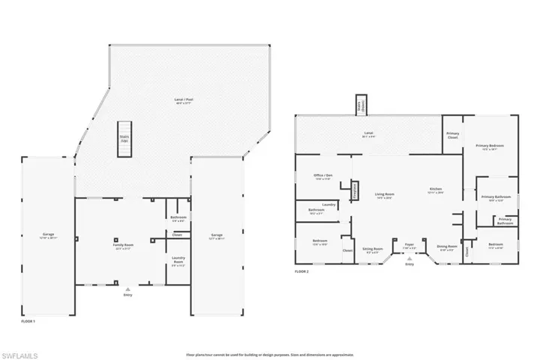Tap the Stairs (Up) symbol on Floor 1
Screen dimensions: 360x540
(124, 139)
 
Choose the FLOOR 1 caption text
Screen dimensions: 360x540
(28, 320)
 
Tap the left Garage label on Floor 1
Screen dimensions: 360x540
(48, 235)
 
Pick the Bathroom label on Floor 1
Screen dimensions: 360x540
(178, 218)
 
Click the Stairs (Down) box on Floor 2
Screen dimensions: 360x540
(361, 104)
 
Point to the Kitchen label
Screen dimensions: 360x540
(436, 190)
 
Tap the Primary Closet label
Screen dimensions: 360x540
(452, 136)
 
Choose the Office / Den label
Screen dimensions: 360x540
(323, 176)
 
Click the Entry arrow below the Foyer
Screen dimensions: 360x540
(409, 259)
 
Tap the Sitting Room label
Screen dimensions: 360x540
(373, 250)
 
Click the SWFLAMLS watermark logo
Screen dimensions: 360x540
(22, 352)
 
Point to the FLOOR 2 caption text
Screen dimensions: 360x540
(301, 271)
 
